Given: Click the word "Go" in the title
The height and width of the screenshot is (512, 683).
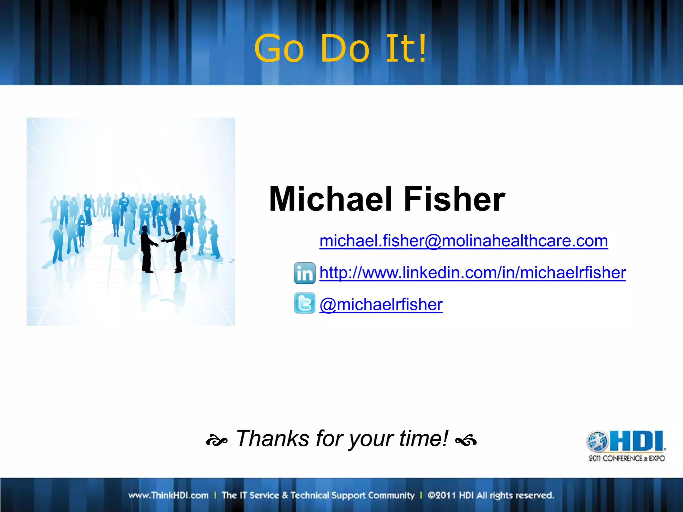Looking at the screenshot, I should [279, 49].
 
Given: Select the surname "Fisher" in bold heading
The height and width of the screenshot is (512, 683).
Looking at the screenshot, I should [454, 199].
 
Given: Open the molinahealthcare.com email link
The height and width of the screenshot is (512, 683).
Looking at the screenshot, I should [464, 241].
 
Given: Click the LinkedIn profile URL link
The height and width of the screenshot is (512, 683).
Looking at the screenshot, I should [473, 273].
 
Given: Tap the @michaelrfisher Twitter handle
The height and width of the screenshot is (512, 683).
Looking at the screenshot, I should [381, 304].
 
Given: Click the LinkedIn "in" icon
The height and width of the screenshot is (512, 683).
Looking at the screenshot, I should [304, 273].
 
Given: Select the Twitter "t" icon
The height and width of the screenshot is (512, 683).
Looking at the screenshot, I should [304, 303].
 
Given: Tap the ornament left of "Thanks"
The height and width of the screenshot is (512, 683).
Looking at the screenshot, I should [216, 441].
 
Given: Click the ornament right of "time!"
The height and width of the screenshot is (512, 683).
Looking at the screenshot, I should [466, 441].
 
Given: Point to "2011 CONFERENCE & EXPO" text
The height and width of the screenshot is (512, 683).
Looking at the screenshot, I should [627, 458].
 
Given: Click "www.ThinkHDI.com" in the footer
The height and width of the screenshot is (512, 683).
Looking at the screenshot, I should [168, 495].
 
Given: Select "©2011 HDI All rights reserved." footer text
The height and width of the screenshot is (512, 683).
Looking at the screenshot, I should [491, 495].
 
